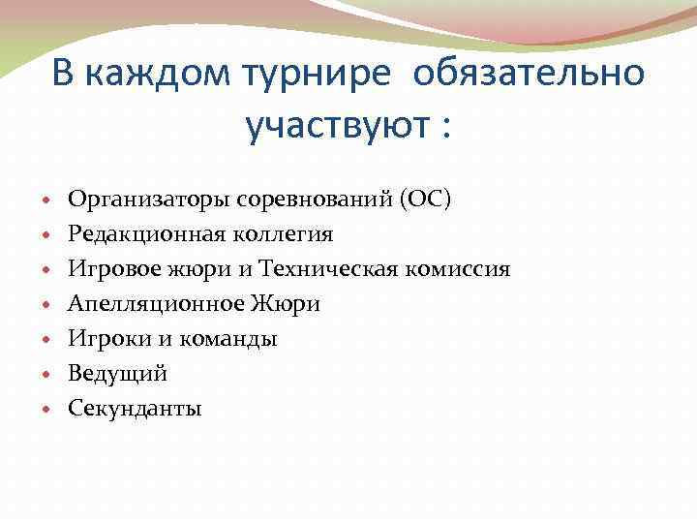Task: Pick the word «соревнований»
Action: click(x=313, y=200)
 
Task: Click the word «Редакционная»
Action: click(x=144, y=234)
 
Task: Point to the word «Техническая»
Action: click(x=329, y=269)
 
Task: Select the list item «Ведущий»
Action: click(x=117, y=374)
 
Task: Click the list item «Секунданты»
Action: click(x=135, y=409)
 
